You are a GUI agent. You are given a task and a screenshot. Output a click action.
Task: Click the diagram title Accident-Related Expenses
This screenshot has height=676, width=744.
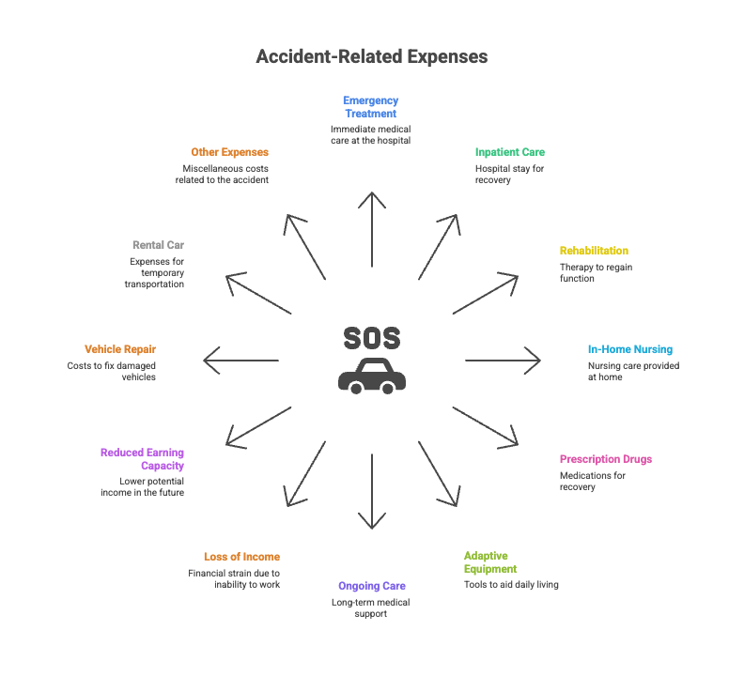pos(372,56)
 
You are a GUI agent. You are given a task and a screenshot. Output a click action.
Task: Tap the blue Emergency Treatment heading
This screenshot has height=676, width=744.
pos(370,107)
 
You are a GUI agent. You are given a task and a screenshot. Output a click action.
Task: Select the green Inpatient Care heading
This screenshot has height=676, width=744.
pos(509,152)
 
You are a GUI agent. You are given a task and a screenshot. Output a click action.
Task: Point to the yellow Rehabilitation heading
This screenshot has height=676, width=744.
pos(594,251)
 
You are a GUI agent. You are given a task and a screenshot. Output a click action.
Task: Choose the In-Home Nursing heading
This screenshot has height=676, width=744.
pos(629,349)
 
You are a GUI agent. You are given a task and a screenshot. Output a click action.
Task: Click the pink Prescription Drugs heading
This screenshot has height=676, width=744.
pos(605,459)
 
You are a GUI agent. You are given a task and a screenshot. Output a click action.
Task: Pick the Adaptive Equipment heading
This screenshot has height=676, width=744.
pos(489,561)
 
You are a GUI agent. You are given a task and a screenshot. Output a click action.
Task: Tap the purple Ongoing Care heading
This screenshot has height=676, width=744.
pos(372,586)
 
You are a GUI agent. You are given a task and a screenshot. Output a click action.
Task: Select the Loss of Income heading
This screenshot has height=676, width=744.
pos(241,557)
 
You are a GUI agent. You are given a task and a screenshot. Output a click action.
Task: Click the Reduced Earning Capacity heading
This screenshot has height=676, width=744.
pos(142,458)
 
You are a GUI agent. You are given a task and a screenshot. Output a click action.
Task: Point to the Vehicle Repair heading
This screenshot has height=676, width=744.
pos(120,348)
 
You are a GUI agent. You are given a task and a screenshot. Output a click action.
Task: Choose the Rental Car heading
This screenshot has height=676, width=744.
pos(158,245)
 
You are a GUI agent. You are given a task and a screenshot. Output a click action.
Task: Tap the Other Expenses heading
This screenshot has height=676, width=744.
pos(229,152)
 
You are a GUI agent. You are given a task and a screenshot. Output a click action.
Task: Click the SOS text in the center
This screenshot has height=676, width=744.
pos(372,338)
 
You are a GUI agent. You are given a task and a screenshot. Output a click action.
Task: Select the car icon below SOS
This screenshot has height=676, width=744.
pos(372,376)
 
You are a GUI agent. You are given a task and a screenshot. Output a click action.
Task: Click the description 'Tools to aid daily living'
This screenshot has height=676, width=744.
pos(511,585)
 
